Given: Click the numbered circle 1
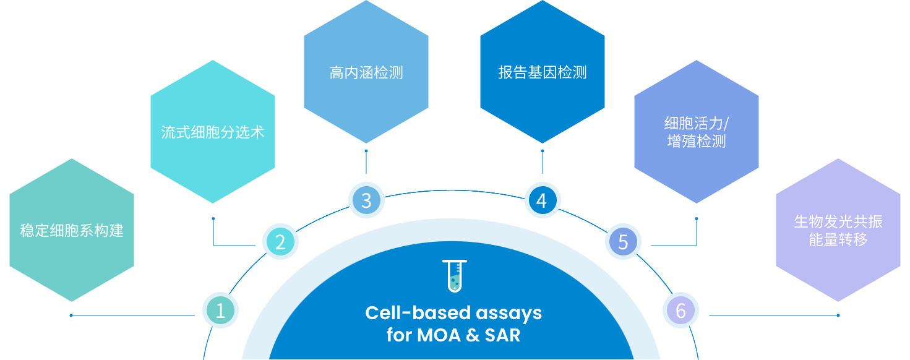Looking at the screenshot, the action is pos(220,311).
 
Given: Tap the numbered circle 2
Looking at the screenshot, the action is pos(280,242).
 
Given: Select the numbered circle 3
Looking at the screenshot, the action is pos(366,200).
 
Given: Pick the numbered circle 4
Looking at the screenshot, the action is pos(543,200).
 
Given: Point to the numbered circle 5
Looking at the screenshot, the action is pos(623,242).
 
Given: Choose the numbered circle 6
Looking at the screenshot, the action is pos(681,311).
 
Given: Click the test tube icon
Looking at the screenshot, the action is pos(455,276).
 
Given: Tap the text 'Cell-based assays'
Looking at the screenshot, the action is pos(453,313).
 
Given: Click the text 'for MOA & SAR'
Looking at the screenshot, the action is pos(453,335).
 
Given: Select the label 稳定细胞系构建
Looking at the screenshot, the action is pos(72,230).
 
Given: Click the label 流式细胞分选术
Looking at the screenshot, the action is pos(213,132).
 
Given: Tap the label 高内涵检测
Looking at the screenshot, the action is pos(366,73).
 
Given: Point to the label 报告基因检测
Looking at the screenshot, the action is pos(543,72).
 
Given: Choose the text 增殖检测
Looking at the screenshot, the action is pos(697,141).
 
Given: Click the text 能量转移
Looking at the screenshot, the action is pos(838,239).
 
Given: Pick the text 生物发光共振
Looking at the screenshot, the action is pos(838,221).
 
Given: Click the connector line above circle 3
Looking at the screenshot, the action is pos(366,162).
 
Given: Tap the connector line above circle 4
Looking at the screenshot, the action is pos(543,162).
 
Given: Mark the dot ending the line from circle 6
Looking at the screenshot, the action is pos(838,315).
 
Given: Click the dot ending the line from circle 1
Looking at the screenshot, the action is pos(71,315).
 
